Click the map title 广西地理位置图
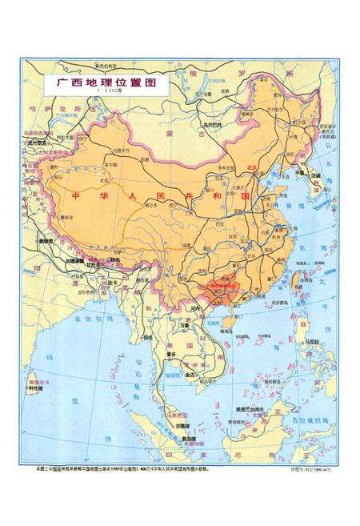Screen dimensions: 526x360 pyautogui.click(x=106, y=82)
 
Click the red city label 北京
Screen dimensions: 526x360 pyautogui.click(x=254, y=167)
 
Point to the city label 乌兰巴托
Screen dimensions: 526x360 pyautogui.click(x=211, y=124)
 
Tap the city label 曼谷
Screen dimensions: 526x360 pyautogui.click(x=170, y=353)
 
